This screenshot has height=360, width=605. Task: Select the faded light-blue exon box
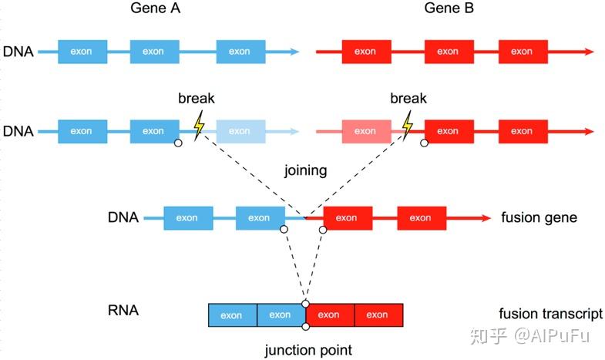point(240,131)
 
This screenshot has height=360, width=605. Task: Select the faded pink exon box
point(365,131)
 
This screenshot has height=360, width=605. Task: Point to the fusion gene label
point(539,218)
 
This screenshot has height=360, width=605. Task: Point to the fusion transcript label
point(550,315)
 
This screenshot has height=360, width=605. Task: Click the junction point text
point(308,350)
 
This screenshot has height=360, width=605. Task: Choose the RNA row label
point(123,312)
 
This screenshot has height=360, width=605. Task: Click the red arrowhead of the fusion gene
point(485,218)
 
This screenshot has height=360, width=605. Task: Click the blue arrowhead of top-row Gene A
point(294,52)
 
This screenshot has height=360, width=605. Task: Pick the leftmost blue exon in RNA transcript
point(232,315)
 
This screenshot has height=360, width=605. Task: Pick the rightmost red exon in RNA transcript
point(378,315)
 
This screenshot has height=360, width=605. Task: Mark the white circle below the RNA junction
point(306,328)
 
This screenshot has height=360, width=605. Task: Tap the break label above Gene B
point(408,99)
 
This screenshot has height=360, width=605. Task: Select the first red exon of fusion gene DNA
point(348,218)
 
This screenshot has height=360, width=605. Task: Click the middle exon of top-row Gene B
point(448,52)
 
